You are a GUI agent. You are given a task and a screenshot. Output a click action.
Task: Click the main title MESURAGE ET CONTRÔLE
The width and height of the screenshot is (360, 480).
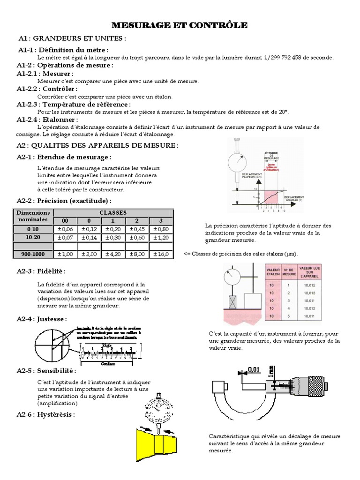tap(179, 25)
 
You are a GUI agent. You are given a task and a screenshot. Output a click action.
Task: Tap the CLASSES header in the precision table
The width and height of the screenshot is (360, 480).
tap(113, 212)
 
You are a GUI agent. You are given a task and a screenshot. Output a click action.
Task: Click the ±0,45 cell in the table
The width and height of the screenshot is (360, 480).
tap(137, 229)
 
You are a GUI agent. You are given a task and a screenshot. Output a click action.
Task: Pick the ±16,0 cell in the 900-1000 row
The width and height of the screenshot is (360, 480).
tap(161, 254)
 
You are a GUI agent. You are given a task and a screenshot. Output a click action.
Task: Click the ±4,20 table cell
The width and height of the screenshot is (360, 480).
tap(113, 254)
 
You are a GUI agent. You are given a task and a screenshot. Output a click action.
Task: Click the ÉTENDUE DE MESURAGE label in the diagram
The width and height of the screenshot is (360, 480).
tap(271, 156)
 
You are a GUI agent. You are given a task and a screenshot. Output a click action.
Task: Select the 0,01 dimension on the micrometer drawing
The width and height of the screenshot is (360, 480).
tap(254, 370)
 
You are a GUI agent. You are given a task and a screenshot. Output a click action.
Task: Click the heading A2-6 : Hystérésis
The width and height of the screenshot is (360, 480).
tap(45, 414)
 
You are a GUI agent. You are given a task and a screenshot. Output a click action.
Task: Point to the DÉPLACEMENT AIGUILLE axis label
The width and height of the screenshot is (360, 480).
tap(294, 199)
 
